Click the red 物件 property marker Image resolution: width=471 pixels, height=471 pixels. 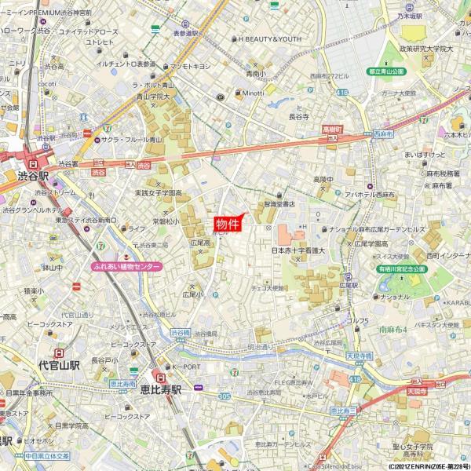228,224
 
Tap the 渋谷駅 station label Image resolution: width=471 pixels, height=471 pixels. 33,177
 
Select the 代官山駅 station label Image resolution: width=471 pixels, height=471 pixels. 59,365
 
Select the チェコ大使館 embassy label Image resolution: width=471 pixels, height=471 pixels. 267,288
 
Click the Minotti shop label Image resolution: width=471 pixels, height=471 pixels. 252,92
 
